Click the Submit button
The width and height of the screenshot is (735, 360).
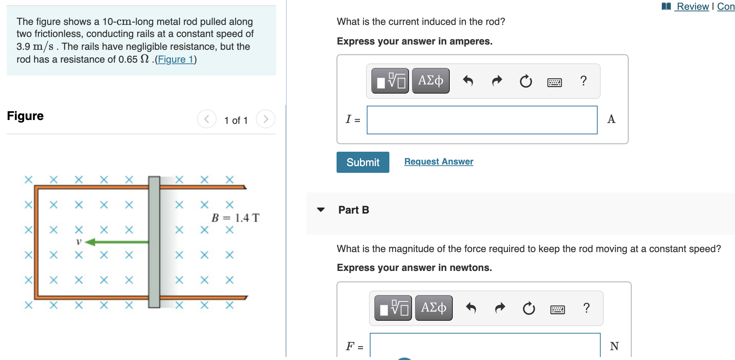[363, 162]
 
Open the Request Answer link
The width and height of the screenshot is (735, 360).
[438, 162]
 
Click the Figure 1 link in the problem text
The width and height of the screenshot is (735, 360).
[175, 59]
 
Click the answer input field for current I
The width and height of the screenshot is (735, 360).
[482, 120]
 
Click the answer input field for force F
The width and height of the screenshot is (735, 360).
[485, 345]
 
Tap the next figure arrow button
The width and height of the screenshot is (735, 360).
[265, 119]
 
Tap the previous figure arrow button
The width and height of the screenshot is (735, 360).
[207, 119]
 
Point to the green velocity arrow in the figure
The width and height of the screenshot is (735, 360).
[117, 242]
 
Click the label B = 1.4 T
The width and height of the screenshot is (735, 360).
[235, 218]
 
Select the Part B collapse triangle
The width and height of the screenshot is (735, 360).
[321, 210]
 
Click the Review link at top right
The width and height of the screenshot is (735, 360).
[692, 6]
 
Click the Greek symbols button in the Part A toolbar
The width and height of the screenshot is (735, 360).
[431, 81]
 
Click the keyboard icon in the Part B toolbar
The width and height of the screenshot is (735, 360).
[557, 310]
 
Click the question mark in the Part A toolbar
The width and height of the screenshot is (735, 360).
[583, 81]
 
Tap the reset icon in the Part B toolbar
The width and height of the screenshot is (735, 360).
[529, 309]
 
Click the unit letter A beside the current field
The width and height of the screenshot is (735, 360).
[611, 119]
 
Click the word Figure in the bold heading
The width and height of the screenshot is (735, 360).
[25, 116]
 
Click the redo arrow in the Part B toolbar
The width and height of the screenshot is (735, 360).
[500, 308]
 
